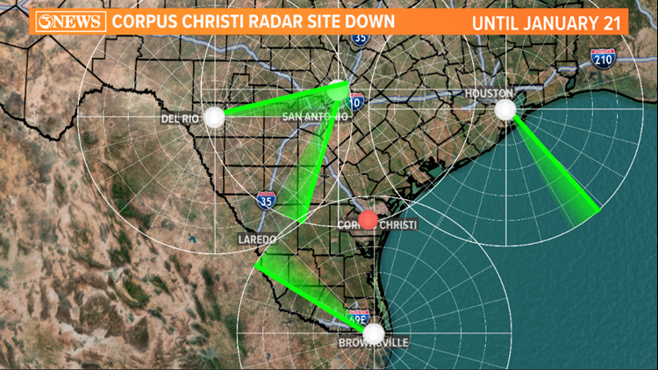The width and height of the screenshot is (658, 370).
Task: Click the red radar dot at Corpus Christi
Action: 368,219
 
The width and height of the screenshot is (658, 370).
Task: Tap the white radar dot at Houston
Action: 504,110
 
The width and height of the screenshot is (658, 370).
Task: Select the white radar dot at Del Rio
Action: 214,117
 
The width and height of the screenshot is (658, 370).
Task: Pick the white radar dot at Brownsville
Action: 375,333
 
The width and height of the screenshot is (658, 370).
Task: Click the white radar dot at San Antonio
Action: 339,90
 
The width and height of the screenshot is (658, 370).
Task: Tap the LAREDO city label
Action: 257,238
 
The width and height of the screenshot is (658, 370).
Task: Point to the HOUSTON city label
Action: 484,93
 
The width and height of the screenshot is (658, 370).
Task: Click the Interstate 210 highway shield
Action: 602,58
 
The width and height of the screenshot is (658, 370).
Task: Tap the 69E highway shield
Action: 358,317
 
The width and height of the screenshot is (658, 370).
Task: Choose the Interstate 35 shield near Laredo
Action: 266,201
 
